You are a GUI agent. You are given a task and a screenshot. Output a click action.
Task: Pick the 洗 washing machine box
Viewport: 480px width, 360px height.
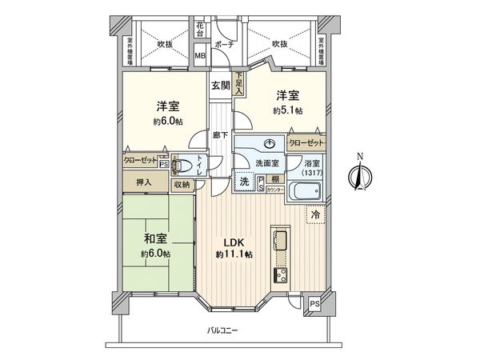pyautogui.click(x=244, y=182)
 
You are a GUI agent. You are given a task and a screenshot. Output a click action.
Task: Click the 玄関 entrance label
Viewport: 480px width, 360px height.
pyautogui.click(x=221, y=85)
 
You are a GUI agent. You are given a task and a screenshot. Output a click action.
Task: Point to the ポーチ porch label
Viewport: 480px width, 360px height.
pyautogui.click(x=226, y=45)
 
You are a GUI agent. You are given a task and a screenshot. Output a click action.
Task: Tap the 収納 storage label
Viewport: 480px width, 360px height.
pyautogui.click(x=182, y=184)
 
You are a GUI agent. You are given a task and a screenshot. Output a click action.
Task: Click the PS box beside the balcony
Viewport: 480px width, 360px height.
pyautogui.click(x=314, y=303)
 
